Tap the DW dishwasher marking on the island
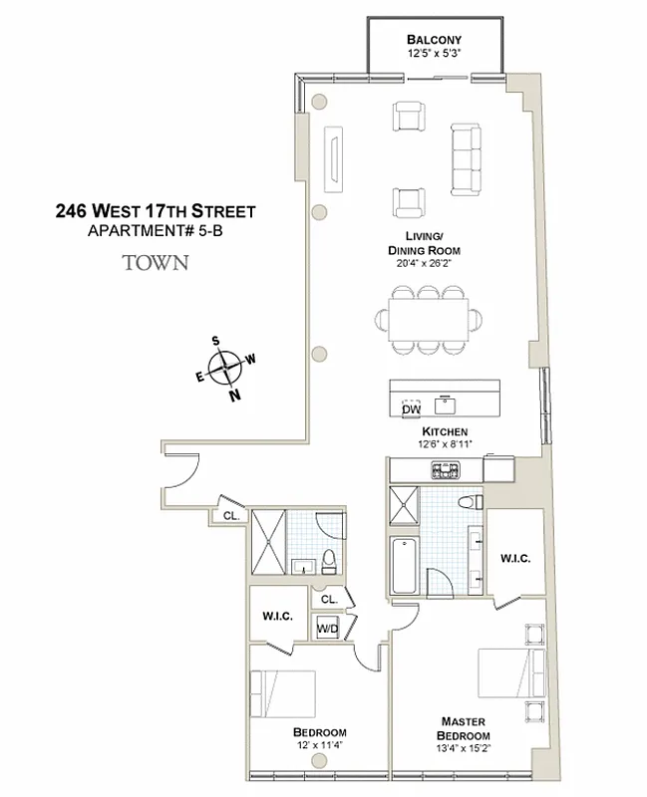tap(410, 408)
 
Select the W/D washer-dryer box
tap(327, 629)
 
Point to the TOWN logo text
tap(154, 265)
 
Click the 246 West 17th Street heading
tap(155, 211)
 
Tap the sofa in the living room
tap(467, 159)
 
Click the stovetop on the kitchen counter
tap(440, 469)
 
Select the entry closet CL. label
tap(231, 516)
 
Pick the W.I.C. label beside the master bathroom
tap(514, 558)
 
